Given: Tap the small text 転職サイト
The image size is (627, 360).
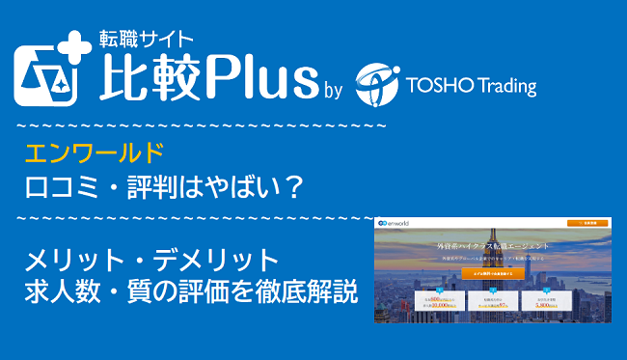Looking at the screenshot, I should click(x=147, y=40).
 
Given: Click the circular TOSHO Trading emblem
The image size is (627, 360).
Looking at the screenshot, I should click(x=378, y=84).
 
